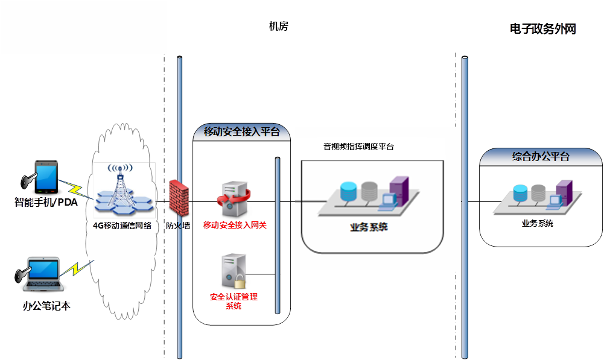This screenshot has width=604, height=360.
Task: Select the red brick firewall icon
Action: click(180, 197)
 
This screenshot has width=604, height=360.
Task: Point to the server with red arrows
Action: click(233, 200)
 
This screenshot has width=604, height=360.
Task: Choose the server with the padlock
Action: click(232, 273)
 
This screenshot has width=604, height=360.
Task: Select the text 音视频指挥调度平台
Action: click(358, 147)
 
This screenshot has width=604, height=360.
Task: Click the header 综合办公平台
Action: click(541, 157)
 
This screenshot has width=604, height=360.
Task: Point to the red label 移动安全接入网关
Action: click(235, 226)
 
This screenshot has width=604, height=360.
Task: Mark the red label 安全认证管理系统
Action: click(234, 302)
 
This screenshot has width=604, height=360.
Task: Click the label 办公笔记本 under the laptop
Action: click(46, 306)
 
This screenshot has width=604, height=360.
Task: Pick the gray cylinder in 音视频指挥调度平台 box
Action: click(369, 192)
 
